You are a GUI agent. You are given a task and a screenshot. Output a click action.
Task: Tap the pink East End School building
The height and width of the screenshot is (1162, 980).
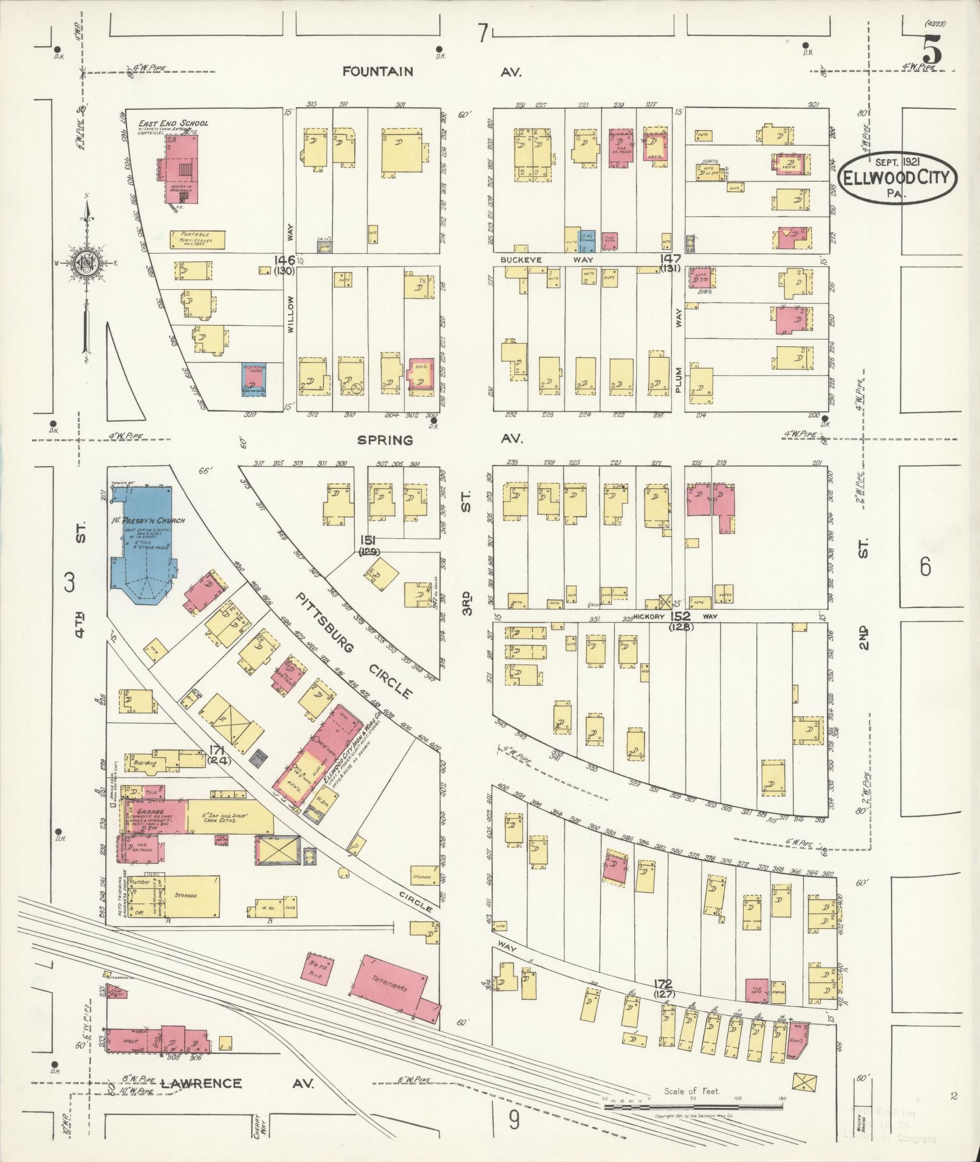(x=180, y=167)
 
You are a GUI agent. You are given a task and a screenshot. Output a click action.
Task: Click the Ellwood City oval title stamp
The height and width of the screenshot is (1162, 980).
(x=897, y=177)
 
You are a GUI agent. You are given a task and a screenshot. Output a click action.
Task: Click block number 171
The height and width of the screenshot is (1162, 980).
(x=217, y=750)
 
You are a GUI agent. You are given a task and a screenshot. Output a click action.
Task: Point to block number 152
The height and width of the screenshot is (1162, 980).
(x=680, y=617)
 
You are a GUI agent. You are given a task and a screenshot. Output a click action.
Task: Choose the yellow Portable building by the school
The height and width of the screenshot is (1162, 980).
(x=197, y=240)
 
